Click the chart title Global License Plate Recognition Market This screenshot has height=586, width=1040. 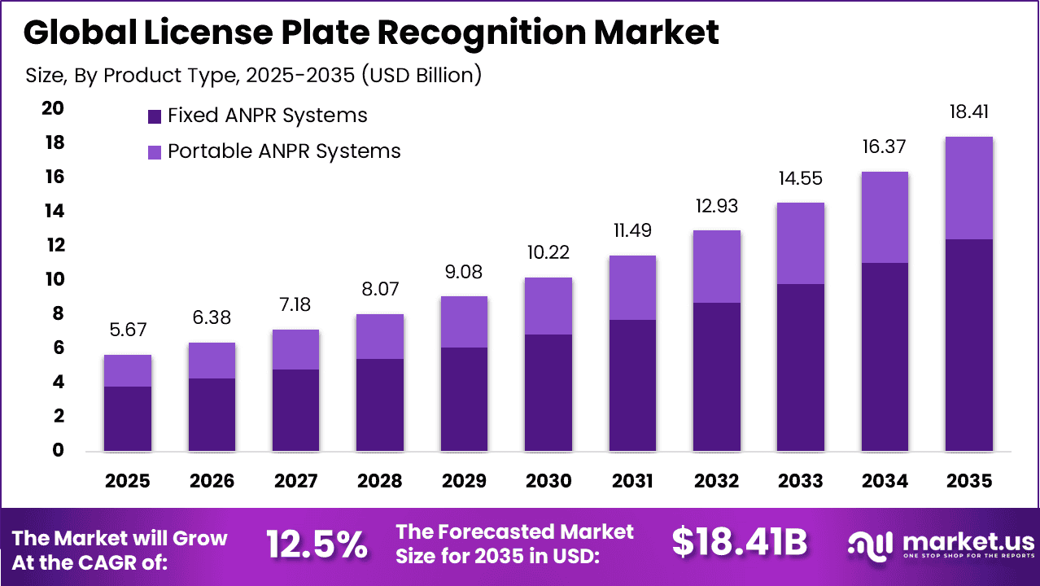[x=371, y=33]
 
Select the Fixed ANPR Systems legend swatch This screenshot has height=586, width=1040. [x=155, y=116]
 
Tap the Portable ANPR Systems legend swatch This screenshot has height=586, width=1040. [x=155, y=151]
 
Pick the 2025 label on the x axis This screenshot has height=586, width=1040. [x=127, y=481]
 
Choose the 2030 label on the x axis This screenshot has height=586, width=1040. [x=548, y=481]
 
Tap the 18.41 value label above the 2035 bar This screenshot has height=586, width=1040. [x=968, y=112]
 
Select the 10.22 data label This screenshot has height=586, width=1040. [x=548, y=253]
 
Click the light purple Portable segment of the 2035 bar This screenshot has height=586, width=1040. [x=968, y=188]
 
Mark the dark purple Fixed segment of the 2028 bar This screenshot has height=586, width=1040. [x=380, y=405]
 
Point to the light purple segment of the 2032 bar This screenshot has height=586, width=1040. [x=717, y=266]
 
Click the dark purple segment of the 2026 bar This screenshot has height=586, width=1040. [x=212, y=414]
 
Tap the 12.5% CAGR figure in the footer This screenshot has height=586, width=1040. [x=317, y=545]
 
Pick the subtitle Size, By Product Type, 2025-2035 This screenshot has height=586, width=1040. [x=253, y=76]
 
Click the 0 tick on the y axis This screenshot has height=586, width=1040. [x=57, y=450]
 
